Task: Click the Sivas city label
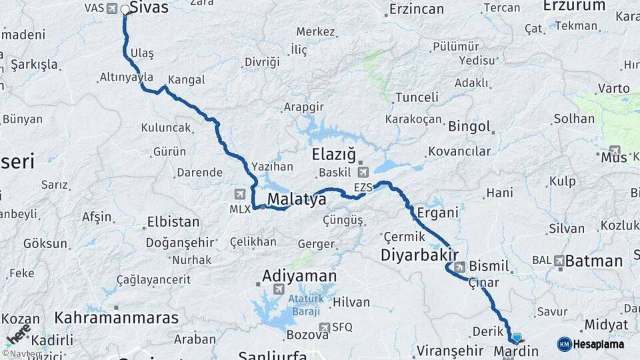point(149,8)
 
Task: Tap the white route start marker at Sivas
point(125,10)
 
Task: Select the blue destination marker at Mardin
point(516,338)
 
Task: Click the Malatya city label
point(297,199)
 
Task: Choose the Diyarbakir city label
point(419,255)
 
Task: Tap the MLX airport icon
point(240,194)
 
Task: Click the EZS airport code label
point(363,188)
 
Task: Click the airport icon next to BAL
point(559,260)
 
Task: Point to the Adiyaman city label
point(299,275)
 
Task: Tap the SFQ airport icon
point(325,327)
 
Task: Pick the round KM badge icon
point(564,345)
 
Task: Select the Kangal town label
point(186,80)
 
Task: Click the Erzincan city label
point(416,9)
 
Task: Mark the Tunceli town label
point(417,97)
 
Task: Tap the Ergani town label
point(437,213)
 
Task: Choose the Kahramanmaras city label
point(117,317)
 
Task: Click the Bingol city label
point(469,126)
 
